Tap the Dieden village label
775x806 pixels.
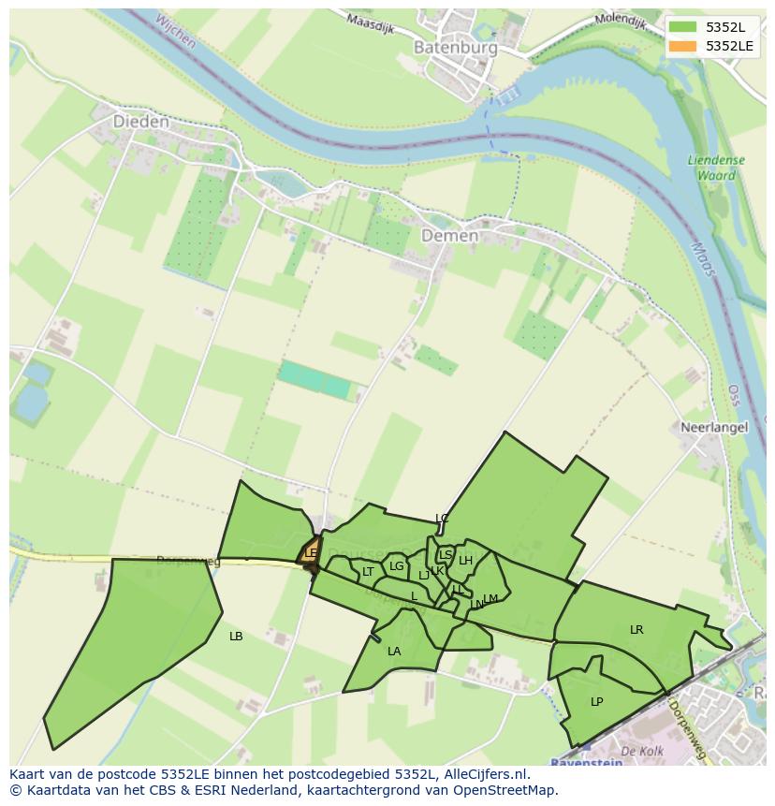[x=140, y=122]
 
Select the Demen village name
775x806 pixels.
[x=449, y=236]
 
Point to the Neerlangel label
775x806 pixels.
[x=714, y=427]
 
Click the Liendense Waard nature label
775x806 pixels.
[x=716, y=168]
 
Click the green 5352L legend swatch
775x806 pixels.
[x=683, y=27]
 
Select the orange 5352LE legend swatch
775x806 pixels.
[x=683, y=45]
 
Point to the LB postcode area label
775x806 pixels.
[x=236, y=637]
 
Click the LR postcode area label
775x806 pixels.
[x=636, y=630]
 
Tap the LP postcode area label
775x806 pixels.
[x=596, y=701]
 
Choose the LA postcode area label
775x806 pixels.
[x=394, y=652]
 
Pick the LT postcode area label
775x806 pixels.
[x=368, y=572]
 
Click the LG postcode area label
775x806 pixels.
[x=397, y=566]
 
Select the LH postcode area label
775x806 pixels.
[x=465, y=561]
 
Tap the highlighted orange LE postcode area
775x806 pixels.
[x=311, y=552]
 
